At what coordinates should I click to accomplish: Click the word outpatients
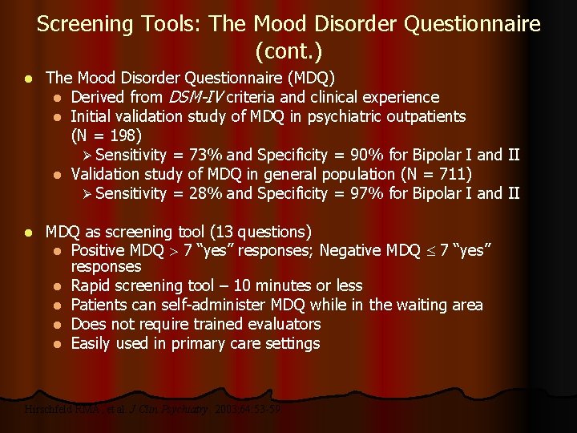426,116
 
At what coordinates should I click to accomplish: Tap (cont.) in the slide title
288,53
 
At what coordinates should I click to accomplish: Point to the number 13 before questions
220,233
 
